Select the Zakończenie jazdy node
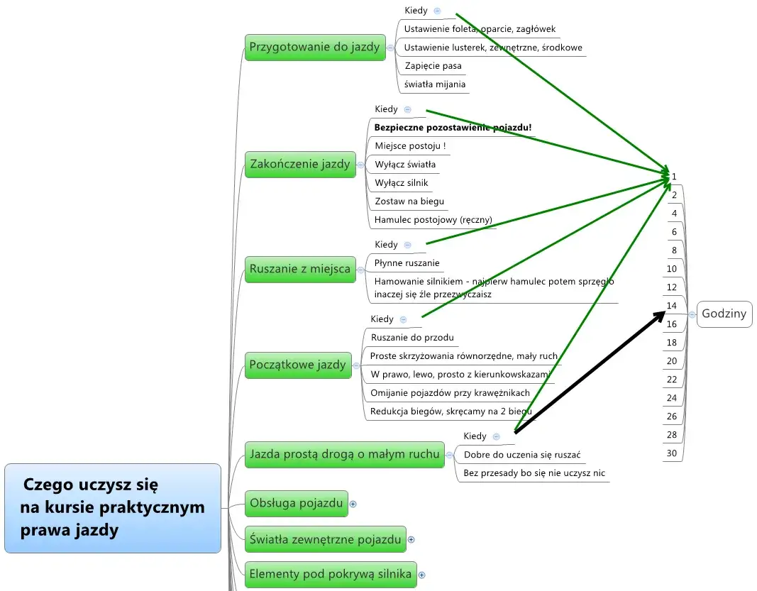tap(300, 165)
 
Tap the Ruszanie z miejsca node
tap(300, 269)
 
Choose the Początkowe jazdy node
tap(298, 365)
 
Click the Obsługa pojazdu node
tap(296, 503)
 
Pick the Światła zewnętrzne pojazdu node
tap(325, 539)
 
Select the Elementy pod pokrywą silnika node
tap(331, 574)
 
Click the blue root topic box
tap(113, 508)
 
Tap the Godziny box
tap(724, 314)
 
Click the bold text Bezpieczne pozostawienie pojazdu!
tap(453, 128)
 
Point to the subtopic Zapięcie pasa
tap(433, 66)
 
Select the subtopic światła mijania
tap(435, 84)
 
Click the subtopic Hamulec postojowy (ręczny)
tap(433, 220)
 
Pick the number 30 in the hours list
tap(672, 453)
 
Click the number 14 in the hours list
tap(672, 306)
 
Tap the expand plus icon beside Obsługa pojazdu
tap(353, 504)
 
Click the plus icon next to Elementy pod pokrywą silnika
tap(421, 575)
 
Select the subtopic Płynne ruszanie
tap(407, 263)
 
